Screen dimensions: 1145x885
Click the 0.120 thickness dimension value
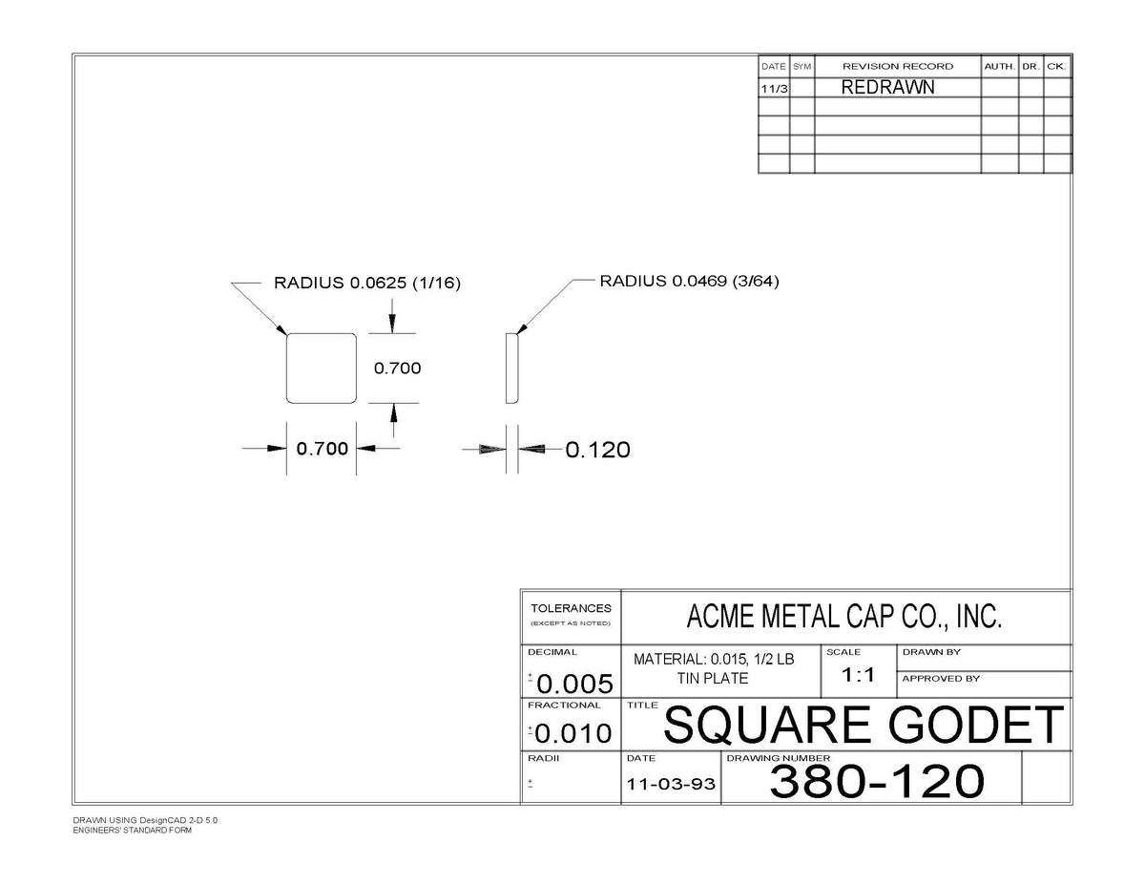tap(597, 450)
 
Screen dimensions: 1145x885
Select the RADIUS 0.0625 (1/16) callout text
tap(367, 283)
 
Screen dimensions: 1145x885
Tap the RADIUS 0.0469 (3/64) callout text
tap(689, 281)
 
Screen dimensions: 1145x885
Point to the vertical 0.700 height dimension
tap(397, 368)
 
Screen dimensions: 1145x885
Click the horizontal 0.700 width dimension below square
tap(322, 449)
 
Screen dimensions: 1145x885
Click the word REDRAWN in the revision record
tap(888, 88)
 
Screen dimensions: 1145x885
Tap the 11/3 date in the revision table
tap(774, 89)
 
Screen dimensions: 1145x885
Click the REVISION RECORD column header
tap(898, 67)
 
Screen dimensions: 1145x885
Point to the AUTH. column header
tap(1000, 67)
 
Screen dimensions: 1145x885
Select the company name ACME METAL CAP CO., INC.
tap(844, 616)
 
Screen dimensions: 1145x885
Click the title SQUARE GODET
tap(864, 726)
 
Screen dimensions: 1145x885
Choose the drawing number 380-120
tap(877, 781)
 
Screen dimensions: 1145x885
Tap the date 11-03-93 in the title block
tap(671, 785)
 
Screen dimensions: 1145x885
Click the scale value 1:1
tap(859, 675)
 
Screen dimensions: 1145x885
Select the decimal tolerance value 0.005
tap(574, 684)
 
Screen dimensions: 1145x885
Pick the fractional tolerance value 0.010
tap(573, 733)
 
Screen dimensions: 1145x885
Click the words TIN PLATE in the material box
tap(713, 679)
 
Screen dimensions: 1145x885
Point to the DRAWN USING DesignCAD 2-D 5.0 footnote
tap(145, 820)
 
